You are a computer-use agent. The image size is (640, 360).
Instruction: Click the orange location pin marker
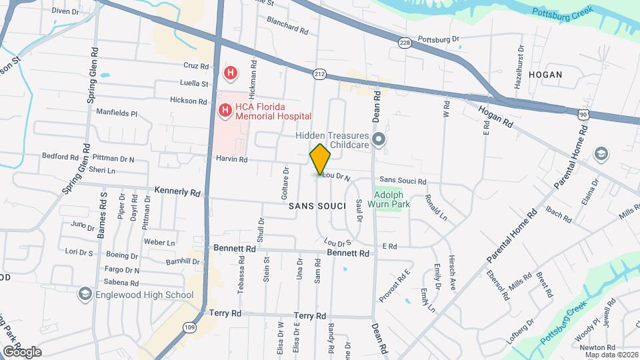point(320,159)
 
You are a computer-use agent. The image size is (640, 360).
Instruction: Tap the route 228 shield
point(405,43)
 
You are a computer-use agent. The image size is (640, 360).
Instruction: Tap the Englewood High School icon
point(85,293)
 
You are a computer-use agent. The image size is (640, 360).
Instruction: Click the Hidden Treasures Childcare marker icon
point(379,140)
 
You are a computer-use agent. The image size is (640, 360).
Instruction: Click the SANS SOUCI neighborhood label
point(316,207)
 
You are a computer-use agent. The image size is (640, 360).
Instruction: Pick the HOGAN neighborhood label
point(545,75)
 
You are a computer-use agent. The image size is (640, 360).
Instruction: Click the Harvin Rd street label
point(231,160)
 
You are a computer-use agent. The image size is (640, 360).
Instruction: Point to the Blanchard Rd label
point(287,31)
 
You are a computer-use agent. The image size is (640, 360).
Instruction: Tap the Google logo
point(21,351)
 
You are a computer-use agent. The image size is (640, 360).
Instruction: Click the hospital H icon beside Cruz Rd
point(230,72)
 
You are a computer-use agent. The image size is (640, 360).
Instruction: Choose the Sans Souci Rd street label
point(403,181)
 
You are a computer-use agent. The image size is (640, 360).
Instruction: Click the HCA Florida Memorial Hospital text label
point(274,111)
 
